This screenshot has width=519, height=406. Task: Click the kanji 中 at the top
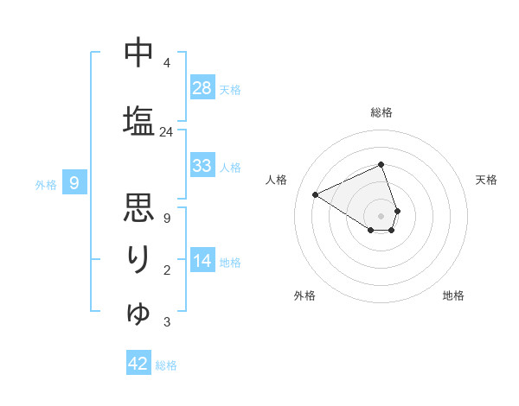[138, 54]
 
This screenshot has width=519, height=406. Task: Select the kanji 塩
[138, 118]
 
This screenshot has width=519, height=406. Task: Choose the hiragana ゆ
[138, 311]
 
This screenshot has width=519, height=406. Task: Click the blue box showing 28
[202, 88]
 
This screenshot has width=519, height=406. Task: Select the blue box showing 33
[202, 166]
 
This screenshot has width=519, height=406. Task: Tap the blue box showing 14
[202, 261]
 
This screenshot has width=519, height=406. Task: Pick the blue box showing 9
[75, 183]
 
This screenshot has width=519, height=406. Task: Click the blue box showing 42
[138, 364]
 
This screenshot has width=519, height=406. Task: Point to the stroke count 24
[166, 132]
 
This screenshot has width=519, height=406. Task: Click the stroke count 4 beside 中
[166, 63]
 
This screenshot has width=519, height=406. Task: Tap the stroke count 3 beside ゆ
[166, 322]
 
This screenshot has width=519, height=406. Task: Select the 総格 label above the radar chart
[381, 112]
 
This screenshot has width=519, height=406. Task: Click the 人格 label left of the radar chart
[277, 180]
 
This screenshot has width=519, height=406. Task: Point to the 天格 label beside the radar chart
[487, 180]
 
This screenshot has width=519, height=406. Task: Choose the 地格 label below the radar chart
[453, 295]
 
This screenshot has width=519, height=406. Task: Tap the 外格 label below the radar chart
[304, 295]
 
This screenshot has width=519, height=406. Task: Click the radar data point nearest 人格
[316, 195]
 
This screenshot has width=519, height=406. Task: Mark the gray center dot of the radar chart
[381, 214]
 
